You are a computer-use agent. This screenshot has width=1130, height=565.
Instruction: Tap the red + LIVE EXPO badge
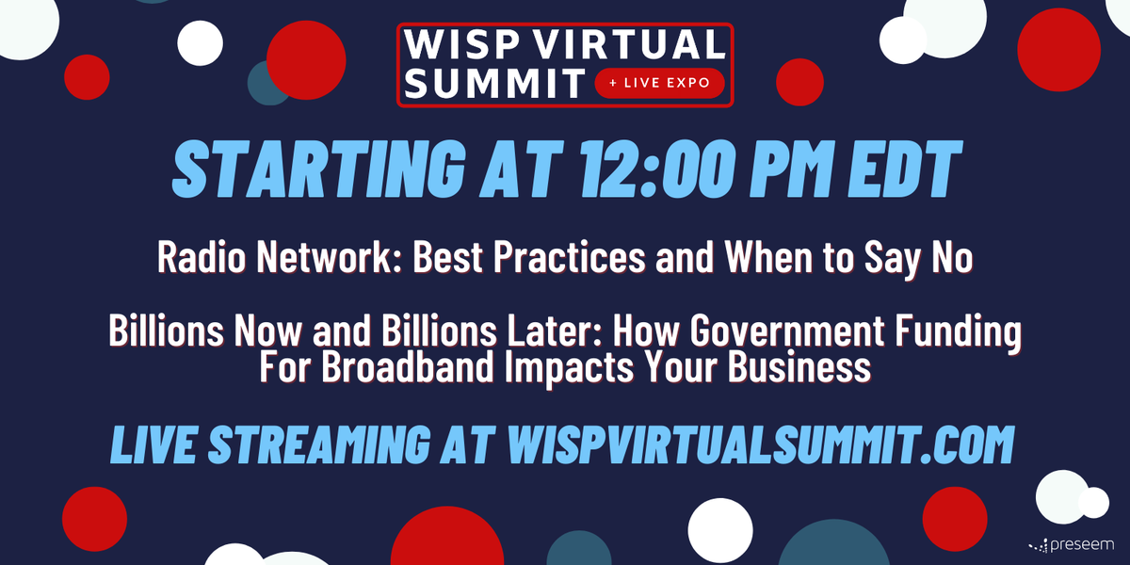659,83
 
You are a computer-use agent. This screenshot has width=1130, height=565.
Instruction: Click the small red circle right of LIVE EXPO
799,82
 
